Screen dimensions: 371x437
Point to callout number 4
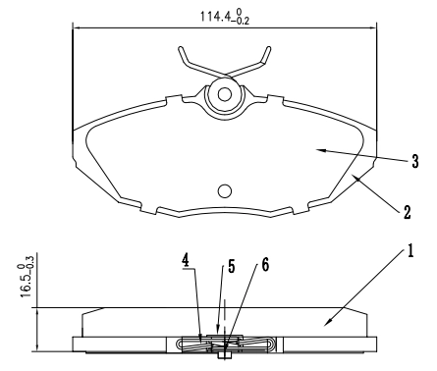pyautogui.click(x=185, y=263)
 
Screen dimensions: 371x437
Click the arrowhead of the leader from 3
pyautogui.click(x=316, y=148)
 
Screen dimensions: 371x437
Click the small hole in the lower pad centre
pyautogui.click(x=225, y=190)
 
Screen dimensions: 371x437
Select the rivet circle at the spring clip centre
pyautogui.click(x=225, y=95)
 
